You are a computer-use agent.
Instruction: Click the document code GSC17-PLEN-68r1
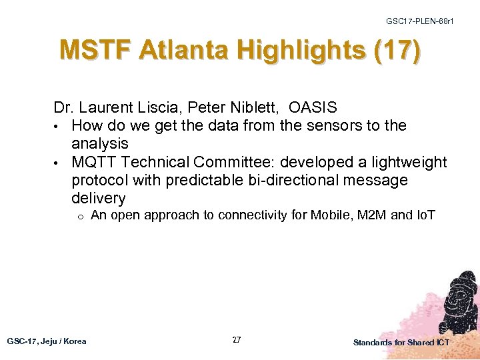[420, 22]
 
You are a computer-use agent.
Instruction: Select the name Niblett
[254, 107]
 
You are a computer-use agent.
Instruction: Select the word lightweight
[402, 162]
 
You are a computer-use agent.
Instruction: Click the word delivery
[98, 198]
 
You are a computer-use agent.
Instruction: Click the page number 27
[237, 340]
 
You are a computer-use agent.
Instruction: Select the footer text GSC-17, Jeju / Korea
[47, 341]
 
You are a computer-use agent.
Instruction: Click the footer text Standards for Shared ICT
[401, 342]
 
